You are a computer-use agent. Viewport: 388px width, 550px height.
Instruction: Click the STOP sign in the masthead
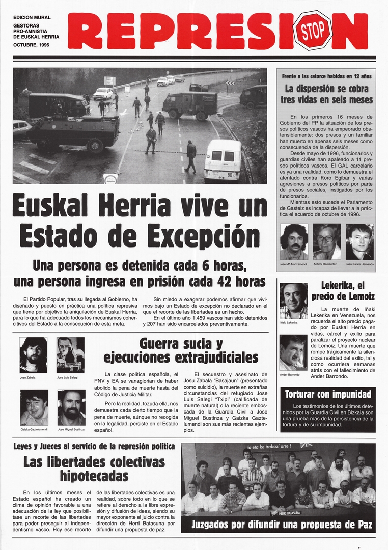(313, 31)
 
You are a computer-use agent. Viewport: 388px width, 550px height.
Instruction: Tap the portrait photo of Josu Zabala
(34, 355)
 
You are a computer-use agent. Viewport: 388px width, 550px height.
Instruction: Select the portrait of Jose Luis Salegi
(71, 355)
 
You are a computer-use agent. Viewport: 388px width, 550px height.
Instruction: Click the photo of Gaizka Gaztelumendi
(34, 407)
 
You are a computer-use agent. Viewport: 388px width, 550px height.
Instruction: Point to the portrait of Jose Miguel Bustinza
(71, 407)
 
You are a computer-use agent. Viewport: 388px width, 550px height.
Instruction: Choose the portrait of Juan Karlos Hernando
(359, 242)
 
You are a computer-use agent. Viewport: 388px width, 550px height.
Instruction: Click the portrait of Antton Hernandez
(327, 242)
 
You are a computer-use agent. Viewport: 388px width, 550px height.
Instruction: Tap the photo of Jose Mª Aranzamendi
(294, 242)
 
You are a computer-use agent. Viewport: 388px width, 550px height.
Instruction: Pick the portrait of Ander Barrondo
(293, 352)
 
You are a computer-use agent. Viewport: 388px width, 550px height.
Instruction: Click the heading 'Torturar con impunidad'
(327, 394)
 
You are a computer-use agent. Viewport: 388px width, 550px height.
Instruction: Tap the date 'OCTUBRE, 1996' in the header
(32, 45)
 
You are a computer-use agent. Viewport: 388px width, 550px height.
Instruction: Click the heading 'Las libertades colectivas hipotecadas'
(94, 469)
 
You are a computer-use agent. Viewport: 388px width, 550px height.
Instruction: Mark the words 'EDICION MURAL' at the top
(32, 17)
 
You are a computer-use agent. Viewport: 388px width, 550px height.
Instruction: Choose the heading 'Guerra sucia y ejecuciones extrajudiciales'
(181, 350)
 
